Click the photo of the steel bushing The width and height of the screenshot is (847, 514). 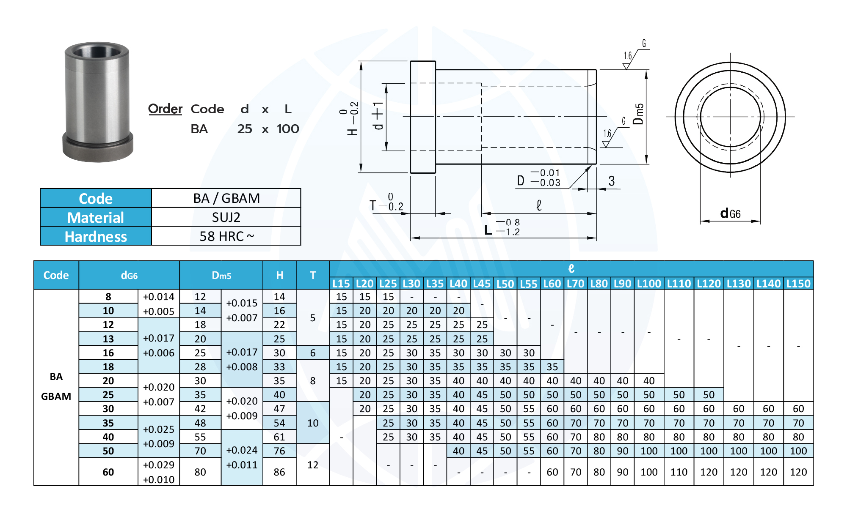click(98, 102)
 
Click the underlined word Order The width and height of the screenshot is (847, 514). click(165, 109)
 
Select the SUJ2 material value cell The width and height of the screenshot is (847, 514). click(226, 217)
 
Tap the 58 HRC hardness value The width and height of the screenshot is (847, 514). click(226, 236)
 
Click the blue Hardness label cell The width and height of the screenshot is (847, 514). click(96, 236)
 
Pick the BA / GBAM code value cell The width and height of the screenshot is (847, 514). click(226, 198)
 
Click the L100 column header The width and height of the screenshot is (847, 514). click(649, 284)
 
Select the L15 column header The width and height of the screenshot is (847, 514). click(341, 284)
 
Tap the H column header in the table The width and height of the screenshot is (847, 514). click(279, 275)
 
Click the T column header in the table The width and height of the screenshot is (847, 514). click(313, 275)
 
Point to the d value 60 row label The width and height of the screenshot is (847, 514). click(108, 472)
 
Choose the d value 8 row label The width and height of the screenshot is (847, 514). click(108, 297)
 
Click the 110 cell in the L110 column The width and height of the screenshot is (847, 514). click(679, 472)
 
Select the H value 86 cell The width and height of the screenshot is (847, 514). click(279, 472)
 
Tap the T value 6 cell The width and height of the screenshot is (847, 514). click(313, 353)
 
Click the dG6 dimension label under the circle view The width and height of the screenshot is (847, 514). click(731, 214)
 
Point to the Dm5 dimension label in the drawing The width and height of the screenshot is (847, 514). click(638, 114)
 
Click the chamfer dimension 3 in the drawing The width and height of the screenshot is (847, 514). click(612, 181)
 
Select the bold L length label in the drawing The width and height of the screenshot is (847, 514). click(488, 230)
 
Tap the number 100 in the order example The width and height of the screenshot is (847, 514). click(288, 129)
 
